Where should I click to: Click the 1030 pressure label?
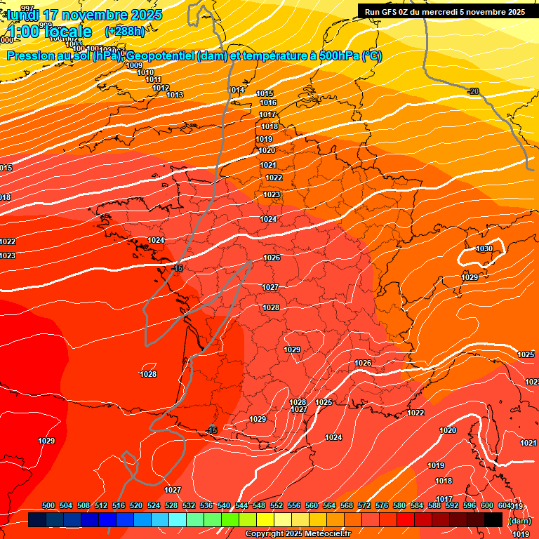click(x=484, y=249)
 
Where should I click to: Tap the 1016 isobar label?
click(x=268, y=103)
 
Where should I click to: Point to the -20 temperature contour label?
click(x=474, y=92)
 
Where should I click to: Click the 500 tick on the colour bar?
click(x=48, y=505)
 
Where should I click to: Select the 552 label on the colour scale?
click(x=277, y=505)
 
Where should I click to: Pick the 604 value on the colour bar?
click(x=504, y=505)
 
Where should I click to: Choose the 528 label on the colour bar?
click(x=171, y=505)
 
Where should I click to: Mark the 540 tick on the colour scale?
click(x=224, y=505)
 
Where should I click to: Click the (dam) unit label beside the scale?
click(x=519, y=521)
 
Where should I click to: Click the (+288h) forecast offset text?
click(x=124, y=31)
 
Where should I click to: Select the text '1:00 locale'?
click(x=50, y=32)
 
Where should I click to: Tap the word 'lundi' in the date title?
click(x=23, y=15)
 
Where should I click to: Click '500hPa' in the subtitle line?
click(x=339, y=56)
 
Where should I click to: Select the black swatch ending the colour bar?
click(x=493, y=519)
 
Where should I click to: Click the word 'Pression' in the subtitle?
click(x=31, y=56)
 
